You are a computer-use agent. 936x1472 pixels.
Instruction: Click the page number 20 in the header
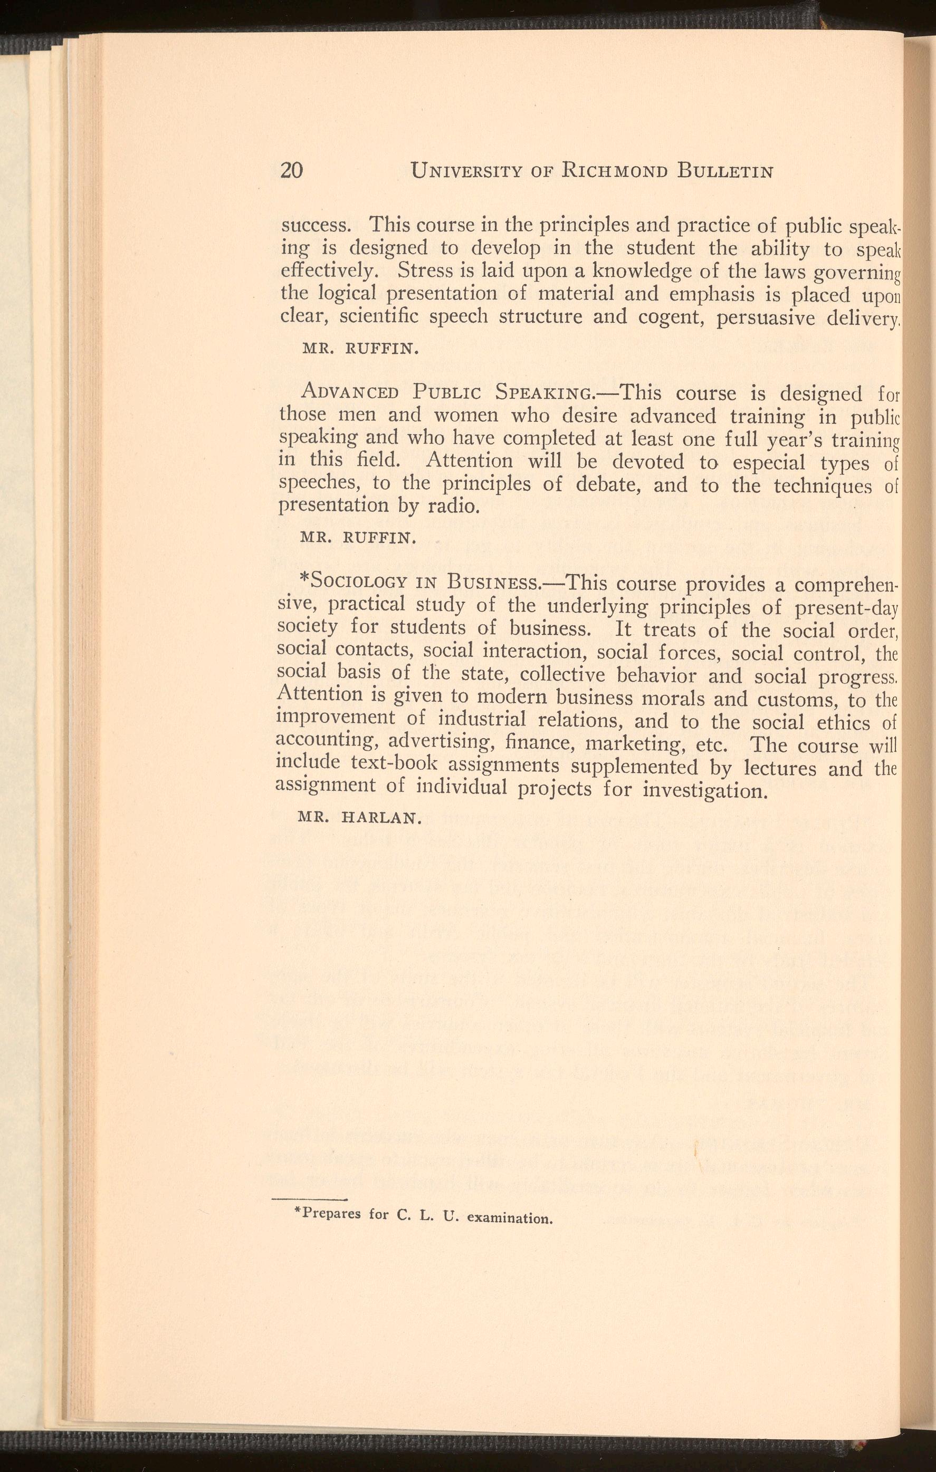[x=291, y=170]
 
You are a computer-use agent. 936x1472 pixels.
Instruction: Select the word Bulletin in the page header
[x=725, y=172]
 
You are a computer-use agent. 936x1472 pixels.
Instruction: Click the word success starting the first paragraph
[x=314, y=226]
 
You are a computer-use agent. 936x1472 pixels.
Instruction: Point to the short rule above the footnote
[x=309, y=1199]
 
